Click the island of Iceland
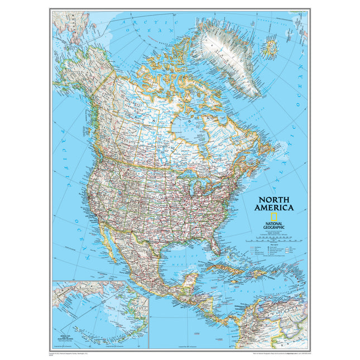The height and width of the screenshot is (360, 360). (x=271, y=46)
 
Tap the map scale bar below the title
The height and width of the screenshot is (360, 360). (x=273, y=238)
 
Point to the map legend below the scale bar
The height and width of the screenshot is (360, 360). (x=273, y=248)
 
